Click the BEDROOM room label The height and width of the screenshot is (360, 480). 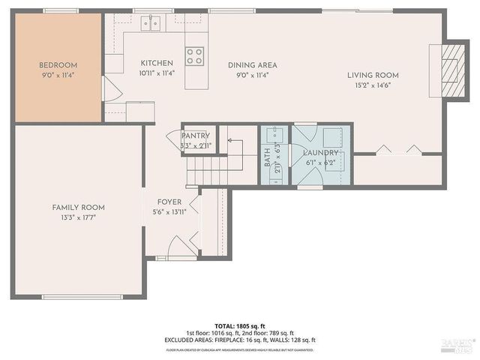point(58,65)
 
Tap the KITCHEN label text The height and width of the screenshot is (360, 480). point(157,64)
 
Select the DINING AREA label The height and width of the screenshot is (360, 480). point(253,65)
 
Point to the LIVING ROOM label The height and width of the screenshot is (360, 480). point(372,75)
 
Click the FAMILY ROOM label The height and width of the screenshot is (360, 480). point(78,207)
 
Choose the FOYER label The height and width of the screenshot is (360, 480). point(169,202)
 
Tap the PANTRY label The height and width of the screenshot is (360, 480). point(196,136)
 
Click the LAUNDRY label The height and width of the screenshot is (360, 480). point(321,153)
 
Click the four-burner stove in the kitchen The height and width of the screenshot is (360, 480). point(195,55)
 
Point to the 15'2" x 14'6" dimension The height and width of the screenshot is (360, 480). point(372,85)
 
